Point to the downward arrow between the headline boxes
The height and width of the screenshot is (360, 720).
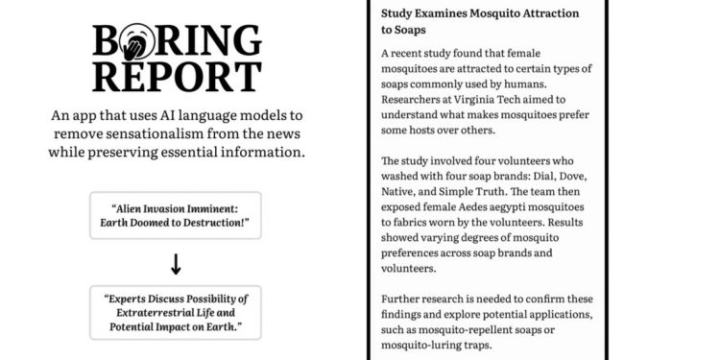click(176, 262)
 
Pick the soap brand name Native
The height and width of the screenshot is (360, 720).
click(402, 194)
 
